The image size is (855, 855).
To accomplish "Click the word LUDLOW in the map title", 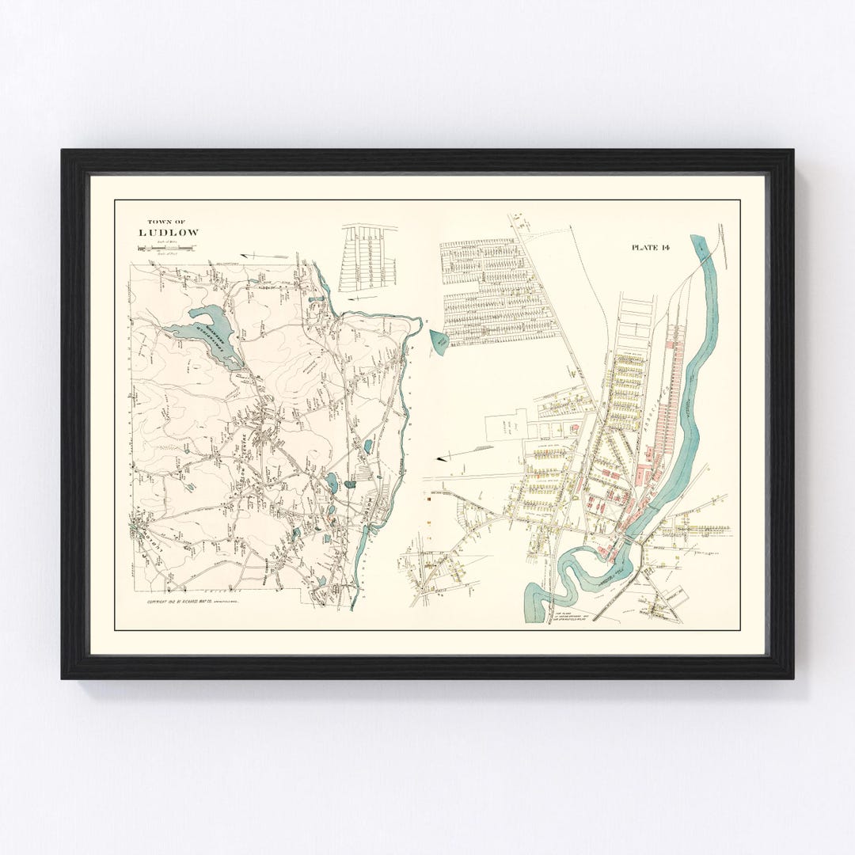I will pyautogui.click(x=169, y=233).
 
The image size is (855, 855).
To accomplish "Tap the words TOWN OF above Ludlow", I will pyautogui.click(x=169, y=222).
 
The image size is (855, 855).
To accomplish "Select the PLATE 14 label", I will pyautogui.click(x=650, y=248).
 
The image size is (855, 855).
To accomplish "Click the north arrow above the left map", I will pyautogui.click(x=264, y=256).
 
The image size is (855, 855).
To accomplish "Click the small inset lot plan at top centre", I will pyautogui.click(x=368, y=258).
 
